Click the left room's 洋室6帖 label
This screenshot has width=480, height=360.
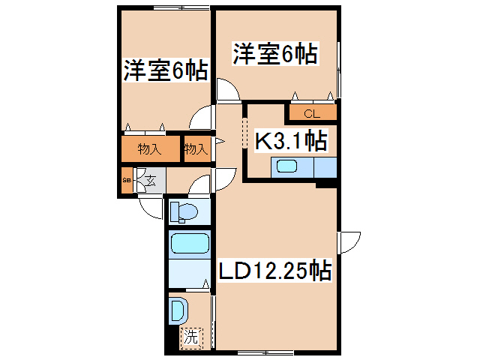tap(165, 71)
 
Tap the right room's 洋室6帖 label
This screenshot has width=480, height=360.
tap(275, 54)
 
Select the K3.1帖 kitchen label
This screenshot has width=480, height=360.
tap(290, 140)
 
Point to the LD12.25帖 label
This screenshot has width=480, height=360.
tap(275, 270)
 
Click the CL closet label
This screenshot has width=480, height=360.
tap(311, 114)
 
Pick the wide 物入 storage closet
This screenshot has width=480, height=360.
tap(150, 149)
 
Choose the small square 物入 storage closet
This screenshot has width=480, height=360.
tap(196, 149)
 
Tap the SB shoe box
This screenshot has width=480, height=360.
tap(126, 181)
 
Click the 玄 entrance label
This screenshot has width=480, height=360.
tap(150, 181)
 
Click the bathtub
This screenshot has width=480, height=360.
tap(189, 244)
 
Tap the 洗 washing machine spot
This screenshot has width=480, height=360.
tap(190, 337)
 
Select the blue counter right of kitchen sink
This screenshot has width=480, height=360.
tap(325, 167)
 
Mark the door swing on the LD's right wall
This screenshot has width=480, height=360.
tap(348, 242)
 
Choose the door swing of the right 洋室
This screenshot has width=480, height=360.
tap(227, 90)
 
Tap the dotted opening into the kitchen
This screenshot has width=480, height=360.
tap(244, 133)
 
